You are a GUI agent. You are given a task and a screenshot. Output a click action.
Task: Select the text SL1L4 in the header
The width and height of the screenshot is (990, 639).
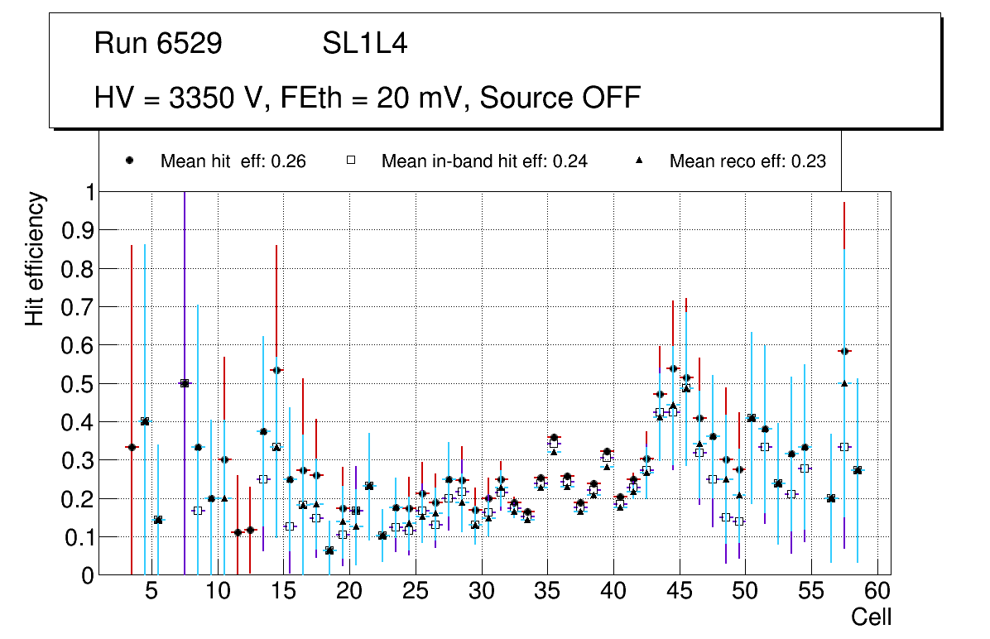click(364, 44)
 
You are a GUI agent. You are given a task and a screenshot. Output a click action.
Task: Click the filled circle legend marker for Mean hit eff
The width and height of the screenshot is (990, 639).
click(129, 161)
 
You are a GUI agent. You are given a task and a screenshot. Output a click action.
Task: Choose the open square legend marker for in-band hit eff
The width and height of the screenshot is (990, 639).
click(350, 161)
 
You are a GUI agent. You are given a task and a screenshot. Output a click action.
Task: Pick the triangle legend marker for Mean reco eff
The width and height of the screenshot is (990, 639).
click(638, 161)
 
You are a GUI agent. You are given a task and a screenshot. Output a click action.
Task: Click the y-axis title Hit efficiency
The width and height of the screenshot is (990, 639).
click(35, 258)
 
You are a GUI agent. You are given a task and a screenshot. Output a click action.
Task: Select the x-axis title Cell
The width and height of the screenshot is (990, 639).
click(871, 617)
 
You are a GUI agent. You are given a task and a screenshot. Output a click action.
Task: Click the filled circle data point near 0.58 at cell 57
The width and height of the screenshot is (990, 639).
click(844, 351)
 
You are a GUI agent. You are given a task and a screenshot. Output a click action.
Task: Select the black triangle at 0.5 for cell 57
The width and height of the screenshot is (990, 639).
click(844, 382)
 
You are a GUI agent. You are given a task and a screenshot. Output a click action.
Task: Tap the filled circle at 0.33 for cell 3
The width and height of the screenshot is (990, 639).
click(131, 447)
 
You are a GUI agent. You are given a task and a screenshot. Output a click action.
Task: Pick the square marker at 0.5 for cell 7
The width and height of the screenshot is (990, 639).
click(185, 383)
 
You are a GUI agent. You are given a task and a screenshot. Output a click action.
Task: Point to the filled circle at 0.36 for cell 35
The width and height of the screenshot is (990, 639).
click(554, 437)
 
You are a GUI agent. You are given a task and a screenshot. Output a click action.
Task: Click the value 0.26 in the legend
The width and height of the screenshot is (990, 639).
click(291, 161)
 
